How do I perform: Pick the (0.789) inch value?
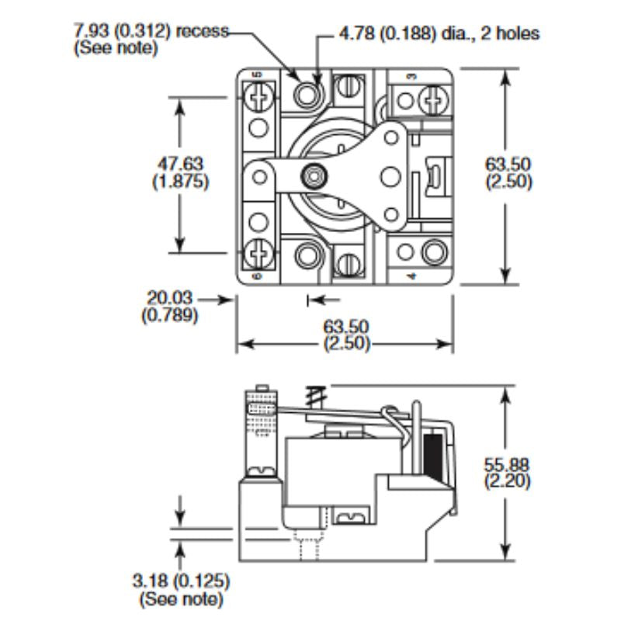coord(169,315)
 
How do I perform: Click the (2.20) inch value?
coord(507,481)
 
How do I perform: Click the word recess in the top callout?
coord(203,32)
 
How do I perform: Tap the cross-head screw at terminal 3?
coord(432,99)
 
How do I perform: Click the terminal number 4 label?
coord(410,276)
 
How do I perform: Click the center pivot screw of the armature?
coord(314,177)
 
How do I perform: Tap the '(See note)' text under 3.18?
coord(181,598)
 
